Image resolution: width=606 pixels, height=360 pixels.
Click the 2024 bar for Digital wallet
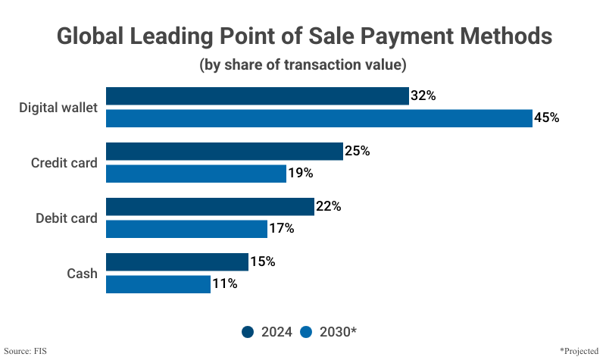coord(257,96)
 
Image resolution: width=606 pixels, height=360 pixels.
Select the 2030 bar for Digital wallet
coord(319,118)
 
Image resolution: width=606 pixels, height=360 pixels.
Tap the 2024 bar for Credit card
coord(224,152)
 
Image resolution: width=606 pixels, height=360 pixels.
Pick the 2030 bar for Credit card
coord(195,174)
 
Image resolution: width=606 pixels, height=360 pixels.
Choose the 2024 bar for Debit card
coord(210,207)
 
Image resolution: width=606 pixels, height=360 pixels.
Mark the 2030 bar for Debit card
coord(186,229)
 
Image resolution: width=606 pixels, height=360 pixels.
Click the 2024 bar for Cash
coord(177,262)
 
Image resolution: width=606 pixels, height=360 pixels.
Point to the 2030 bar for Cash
coord(158,284)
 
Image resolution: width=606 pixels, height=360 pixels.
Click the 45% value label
coord(546,118)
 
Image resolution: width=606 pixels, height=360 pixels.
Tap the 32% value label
coord(423,96)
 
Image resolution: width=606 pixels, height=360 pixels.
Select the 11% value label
coord(225,284)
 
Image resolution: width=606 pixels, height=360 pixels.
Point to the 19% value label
coord(300,174)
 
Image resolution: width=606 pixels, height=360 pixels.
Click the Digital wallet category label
coord(58,108)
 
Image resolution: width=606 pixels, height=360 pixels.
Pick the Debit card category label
coord(67,218)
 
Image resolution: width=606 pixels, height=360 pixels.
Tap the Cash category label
coord(82,274)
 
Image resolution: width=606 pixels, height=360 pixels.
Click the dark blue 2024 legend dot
coord(248,332)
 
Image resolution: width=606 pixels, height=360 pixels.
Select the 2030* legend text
coord(338,332)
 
